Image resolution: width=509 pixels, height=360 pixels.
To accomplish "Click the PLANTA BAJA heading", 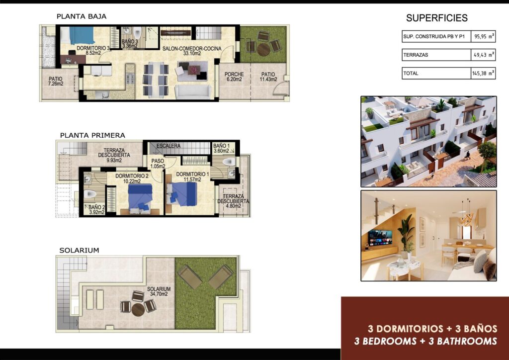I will tap(82, 16).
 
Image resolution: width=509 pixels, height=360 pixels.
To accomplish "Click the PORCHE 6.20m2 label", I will tap(234, 76).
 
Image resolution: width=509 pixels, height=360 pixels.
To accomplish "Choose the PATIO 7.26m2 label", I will tap(55, 81).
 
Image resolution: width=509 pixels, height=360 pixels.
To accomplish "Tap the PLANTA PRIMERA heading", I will tap(92, 135).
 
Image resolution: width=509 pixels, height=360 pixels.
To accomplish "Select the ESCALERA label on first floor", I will tap(168, 146).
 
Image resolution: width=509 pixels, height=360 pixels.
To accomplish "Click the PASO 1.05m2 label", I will tap(158, 164).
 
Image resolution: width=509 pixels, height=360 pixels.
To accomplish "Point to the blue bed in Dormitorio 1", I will tap(183, 193).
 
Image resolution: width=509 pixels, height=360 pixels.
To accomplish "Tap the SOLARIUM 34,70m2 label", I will tap(159, 291).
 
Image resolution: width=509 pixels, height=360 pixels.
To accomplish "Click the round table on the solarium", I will tap(138, 309).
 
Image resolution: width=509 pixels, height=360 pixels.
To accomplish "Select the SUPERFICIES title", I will tap(436, 18).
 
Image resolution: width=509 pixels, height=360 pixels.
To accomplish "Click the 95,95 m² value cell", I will tap(483, 37).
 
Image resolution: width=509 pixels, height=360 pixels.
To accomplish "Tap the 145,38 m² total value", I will tap(483, 73).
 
